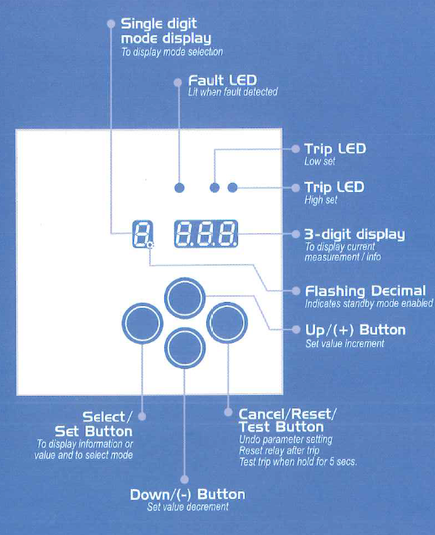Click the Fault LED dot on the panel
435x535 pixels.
coord(179,188)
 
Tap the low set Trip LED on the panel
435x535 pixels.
coord(215,188)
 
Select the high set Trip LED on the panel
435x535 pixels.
coord(232,187)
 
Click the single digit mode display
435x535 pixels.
coord(142,234)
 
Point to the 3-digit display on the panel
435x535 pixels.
coord(206,234)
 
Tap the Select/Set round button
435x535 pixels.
coord(142,323)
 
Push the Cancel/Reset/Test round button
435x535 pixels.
coord(227,323)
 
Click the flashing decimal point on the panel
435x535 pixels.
coord(150,245)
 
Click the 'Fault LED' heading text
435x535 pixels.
coord(223,81)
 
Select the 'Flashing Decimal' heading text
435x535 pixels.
coord(365,291)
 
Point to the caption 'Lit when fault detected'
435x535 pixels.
coord(233,91)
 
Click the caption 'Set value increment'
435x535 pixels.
coord(344,343)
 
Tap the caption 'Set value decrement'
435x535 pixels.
coord(188,506)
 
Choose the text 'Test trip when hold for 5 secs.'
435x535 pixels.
coord(298,462)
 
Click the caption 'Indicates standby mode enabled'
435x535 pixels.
coord(369,304)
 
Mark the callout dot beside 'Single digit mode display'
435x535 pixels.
coord(111,23)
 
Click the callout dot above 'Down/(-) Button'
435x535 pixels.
coord(184,480)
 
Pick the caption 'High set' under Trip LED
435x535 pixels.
coord(321,200)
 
